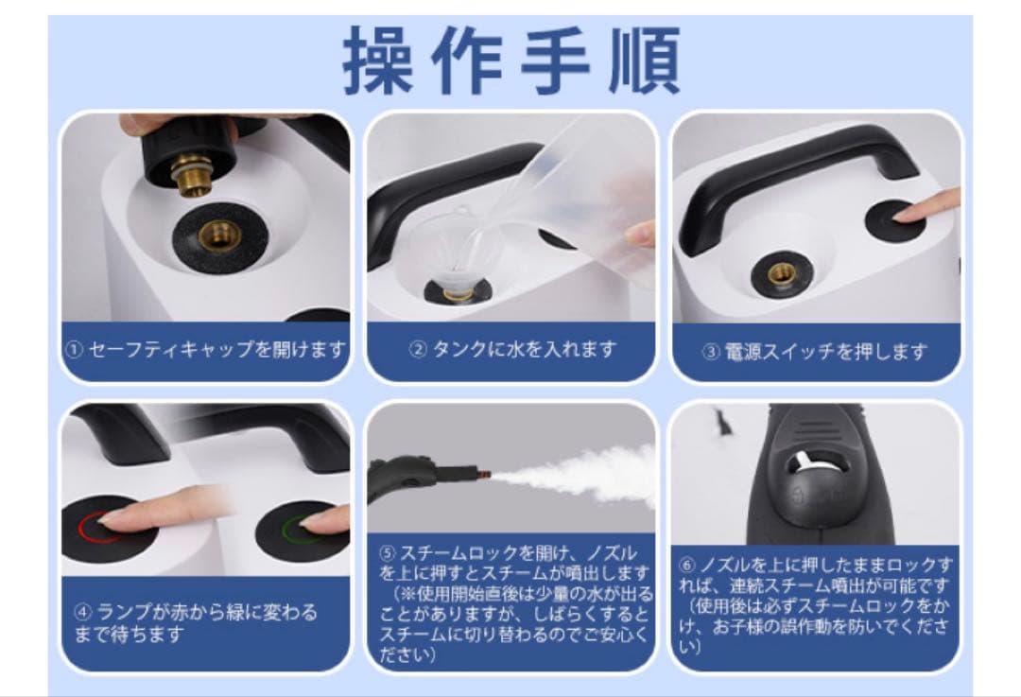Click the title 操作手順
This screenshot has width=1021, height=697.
pyautogui.click(x=511, y=61)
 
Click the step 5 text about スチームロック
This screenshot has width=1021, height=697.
pyautogui.click(x=511, y=602)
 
